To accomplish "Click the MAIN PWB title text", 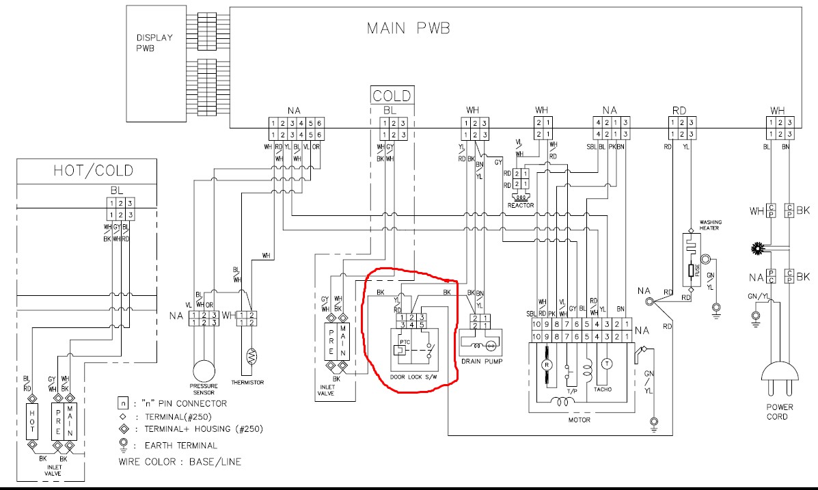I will click(x=408, y=28).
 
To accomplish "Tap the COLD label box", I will click(x=392, y=95).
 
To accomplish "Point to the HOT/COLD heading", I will click(x=94, y=170).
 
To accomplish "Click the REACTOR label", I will click(x=521, y=205).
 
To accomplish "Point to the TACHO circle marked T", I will click(x=605, y=364).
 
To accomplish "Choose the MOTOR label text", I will click(x=579, y=420).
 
